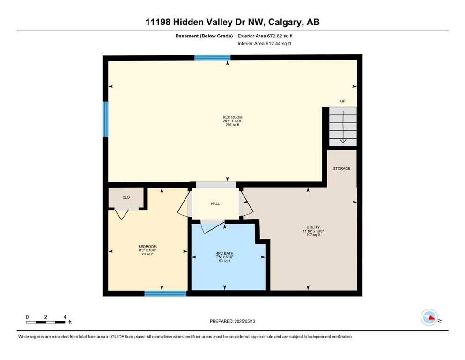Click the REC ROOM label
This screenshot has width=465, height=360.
pos(232,117)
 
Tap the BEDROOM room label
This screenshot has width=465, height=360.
pos(148,247)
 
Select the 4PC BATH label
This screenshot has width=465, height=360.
pos(224,253)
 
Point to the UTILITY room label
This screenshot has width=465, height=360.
pos(313,227)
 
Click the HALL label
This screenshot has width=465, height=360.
pos(215,203)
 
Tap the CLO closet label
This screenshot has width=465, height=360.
pos(126,197)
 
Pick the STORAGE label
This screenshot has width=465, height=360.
pos(342,169)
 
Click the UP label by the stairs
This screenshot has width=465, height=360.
pos(343,101)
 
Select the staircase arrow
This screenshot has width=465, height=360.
pos(343,127)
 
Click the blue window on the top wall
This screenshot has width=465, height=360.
pos(212,58)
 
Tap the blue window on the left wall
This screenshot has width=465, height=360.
pos(105,120)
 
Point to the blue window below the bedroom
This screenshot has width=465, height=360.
pos(165,293)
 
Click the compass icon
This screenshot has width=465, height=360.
pos(429,317)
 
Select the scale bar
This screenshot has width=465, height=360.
pos(45,322)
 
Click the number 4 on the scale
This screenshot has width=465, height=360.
pos(65,317)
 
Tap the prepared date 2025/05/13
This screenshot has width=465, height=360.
pos(245,321)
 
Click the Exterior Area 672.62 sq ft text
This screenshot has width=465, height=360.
pos(265,36)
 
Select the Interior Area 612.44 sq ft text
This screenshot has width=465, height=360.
pos(264,43)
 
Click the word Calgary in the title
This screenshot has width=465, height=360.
pos(286,22)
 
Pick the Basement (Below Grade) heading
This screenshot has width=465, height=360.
pos(204,36)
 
